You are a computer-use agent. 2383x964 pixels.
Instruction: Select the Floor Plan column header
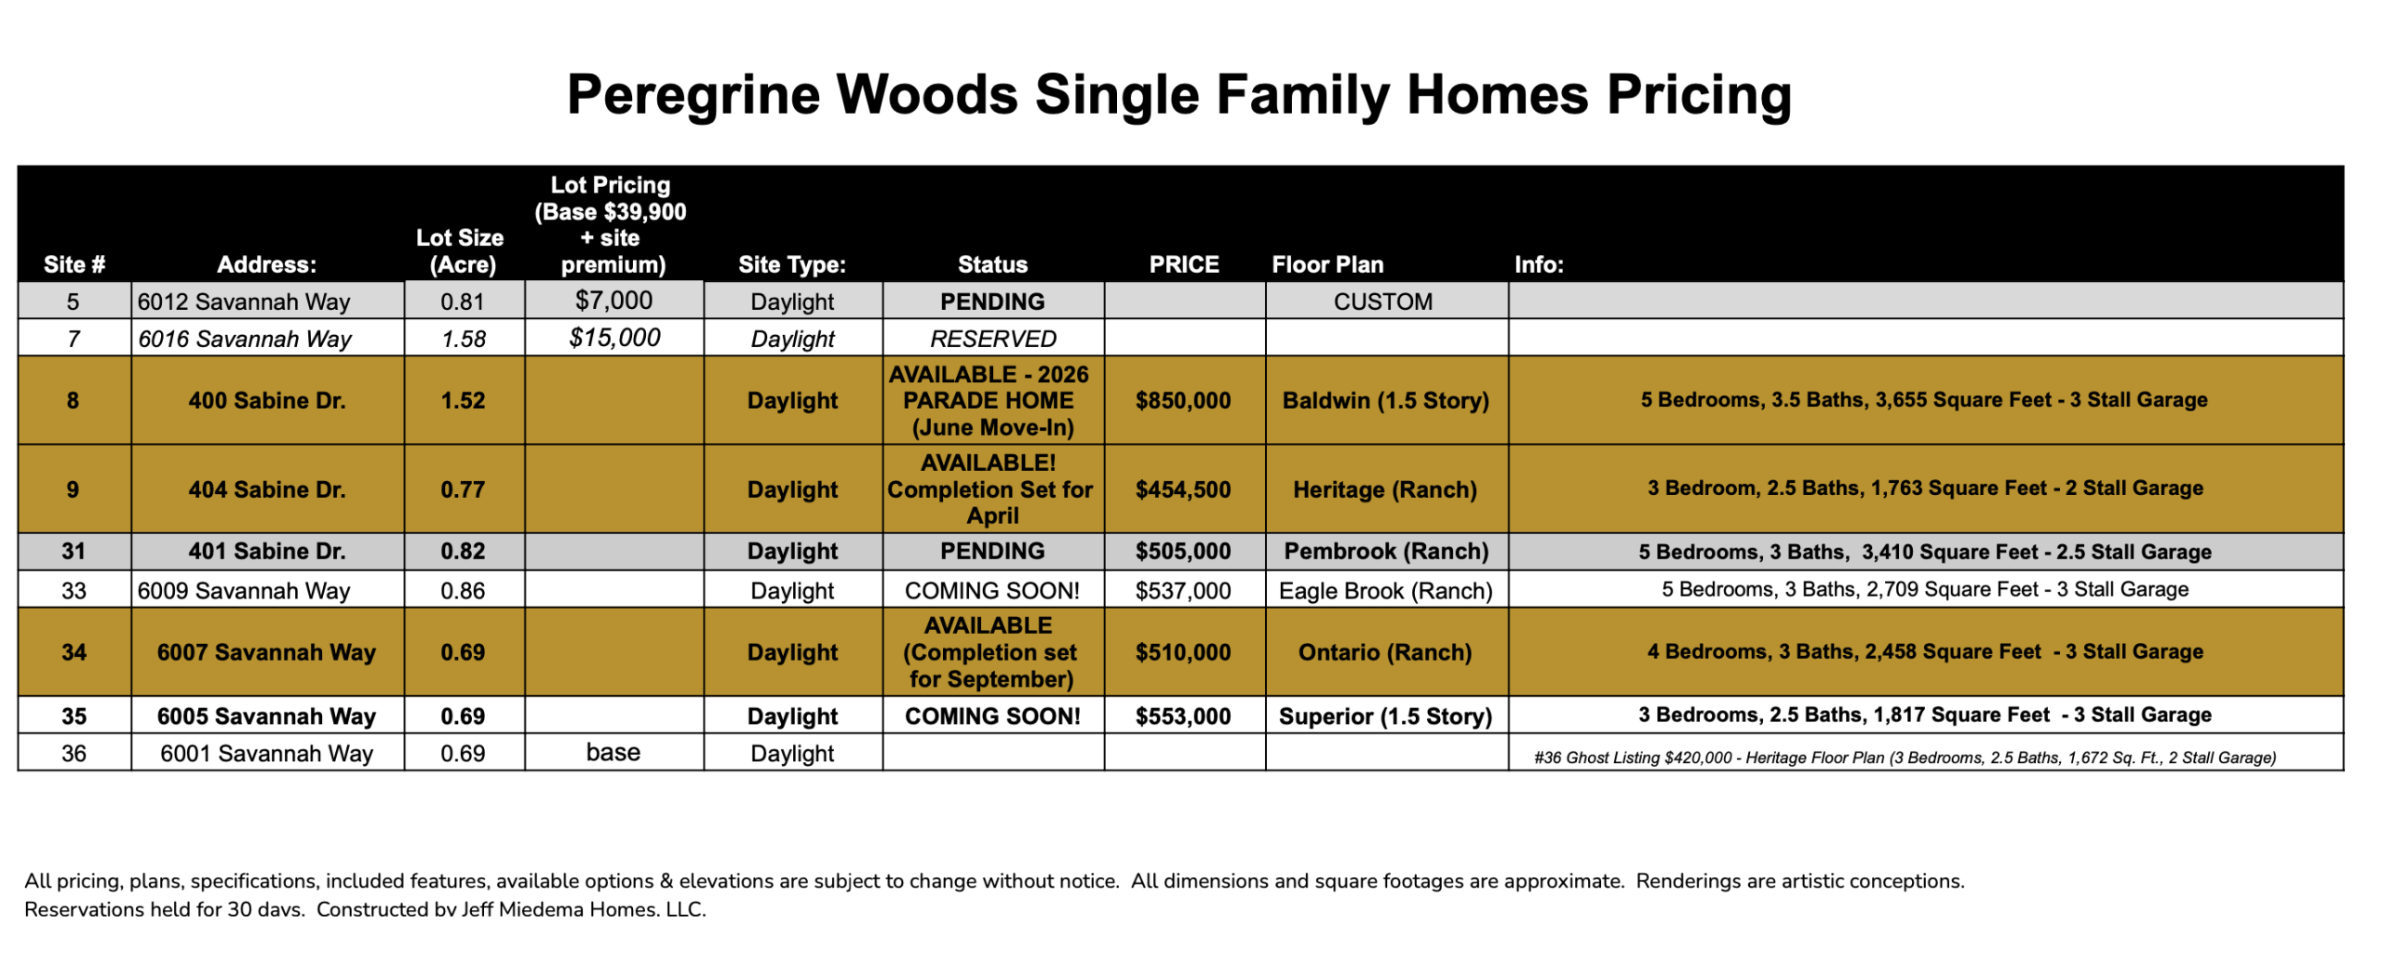[1326, 264]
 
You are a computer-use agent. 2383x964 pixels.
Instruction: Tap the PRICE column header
[1183, 264]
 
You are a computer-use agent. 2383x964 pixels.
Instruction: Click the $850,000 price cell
[1182, 400]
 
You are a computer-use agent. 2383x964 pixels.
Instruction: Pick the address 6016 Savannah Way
[245, 339]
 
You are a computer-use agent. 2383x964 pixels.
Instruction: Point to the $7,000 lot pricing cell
[613, 300]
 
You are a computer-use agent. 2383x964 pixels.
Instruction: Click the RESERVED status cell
[992, 339]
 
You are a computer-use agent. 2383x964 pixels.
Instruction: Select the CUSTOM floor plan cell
[1382, 301]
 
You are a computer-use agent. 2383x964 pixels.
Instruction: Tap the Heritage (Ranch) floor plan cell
[1384, 489]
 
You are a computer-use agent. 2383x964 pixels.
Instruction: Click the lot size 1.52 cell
[463, 400]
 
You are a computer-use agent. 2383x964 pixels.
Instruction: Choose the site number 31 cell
[74, 551]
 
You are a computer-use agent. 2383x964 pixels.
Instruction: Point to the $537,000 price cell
[1182, 591]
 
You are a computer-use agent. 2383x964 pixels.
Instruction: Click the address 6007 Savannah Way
[266, 652]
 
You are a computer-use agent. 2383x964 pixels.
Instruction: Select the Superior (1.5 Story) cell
[1384, 716]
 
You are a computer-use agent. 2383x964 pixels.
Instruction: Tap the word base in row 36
[613, 752]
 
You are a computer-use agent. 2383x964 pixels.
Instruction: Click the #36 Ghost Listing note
[1905, 757]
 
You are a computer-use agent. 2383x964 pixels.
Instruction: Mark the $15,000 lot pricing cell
[614, 337]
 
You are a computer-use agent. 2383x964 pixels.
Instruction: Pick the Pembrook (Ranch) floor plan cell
[1385, 551]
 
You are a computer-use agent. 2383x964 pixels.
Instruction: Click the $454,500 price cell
[1182, 489]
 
